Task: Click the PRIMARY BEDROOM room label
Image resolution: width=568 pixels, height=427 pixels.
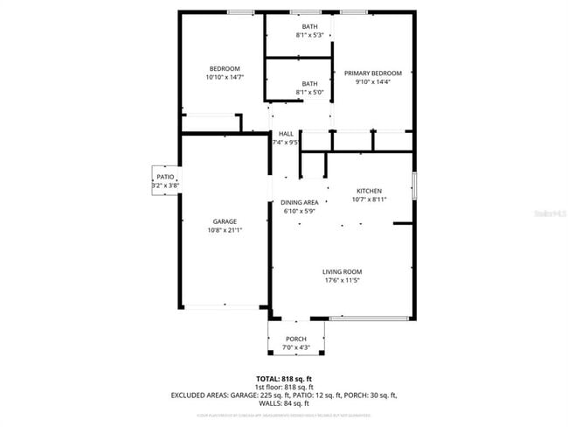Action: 372,73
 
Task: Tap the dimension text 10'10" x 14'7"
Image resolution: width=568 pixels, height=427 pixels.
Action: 225,77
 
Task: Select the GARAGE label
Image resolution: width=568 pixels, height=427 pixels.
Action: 225,221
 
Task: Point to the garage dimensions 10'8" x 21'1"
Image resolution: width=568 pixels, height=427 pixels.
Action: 225,230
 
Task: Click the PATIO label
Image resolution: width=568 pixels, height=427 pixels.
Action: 165,177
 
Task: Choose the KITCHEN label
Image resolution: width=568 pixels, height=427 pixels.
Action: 369,191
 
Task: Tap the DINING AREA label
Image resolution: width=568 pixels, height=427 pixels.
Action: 299,202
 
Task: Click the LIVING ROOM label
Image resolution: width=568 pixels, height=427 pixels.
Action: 342,271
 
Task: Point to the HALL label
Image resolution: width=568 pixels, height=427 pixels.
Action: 286,133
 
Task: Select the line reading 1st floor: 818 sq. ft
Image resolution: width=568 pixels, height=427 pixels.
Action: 284,386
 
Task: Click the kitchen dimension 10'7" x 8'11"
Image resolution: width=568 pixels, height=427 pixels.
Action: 369,199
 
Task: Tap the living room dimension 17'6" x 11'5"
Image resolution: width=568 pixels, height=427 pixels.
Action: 342,280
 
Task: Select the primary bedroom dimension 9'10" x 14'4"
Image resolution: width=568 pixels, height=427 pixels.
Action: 372,81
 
